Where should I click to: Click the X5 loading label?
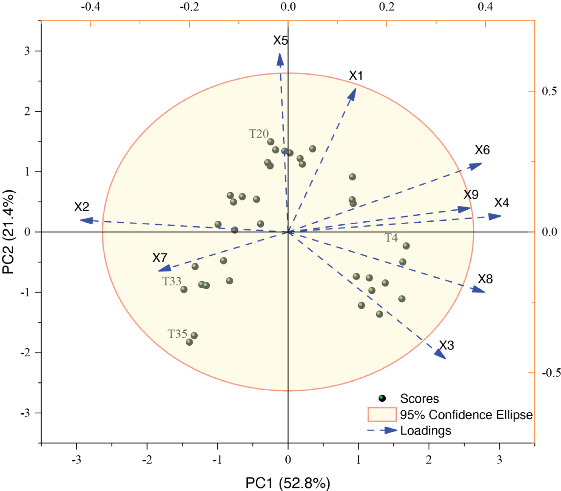280,40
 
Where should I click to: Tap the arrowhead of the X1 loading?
353,93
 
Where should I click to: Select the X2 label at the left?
81,207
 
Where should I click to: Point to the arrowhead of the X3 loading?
441,355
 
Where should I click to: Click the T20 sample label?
259,134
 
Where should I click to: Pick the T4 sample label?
391,238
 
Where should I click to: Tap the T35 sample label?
177,334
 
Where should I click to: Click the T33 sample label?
171,281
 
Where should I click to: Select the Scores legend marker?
382,398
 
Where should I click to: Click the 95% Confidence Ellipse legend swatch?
382,415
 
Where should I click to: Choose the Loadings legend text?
426,430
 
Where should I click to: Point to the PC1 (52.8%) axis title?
288,483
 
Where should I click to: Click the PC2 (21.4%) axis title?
8,232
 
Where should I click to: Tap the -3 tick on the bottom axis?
76,460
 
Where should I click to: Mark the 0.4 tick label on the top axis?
485,6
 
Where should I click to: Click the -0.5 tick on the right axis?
551,373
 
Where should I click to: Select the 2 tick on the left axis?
27,111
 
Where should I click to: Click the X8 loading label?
485,279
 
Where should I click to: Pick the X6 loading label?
482,150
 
